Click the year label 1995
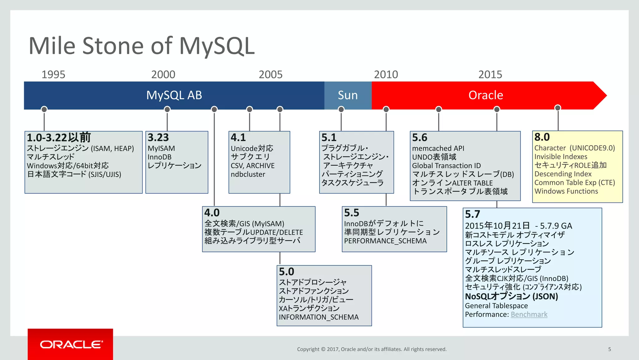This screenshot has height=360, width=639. point(53,75)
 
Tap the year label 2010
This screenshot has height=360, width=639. point(386,75)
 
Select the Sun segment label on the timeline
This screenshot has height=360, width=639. point(348,95)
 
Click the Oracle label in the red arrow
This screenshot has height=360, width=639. point(485,95)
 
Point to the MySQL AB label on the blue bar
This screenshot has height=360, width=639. point(174,95)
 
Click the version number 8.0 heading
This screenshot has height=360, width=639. point(542,137)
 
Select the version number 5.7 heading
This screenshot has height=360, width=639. point(472,214)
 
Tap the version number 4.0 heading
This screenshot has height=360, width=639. point(212,213)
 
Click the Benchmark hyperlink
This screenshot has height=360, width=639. point(529,314)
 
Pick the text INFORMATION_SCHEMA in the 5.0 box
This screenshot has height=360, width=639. point(319,317)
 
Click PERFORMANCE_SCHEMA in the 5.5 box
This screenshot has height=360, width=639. point(385,241)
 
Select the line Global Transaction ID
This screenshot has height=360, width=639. point(446,166)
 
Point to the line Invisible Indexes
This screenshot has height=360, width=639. point(561,157)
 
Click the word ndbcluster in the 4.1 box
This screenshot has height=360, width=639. point(248,174)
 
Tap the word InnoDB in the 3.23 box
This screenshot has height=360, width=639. point(159,157)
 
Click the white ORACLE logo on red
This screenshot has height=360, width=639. point(71,344)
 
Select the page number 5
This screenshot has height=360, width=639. point(609,349)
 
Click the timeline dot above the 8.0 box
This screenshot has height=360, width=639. point(558,108)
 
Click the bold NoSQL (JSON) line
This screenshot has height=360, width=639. point(511,296)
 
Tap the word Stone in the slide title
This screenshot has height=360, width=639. point(113,46)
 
